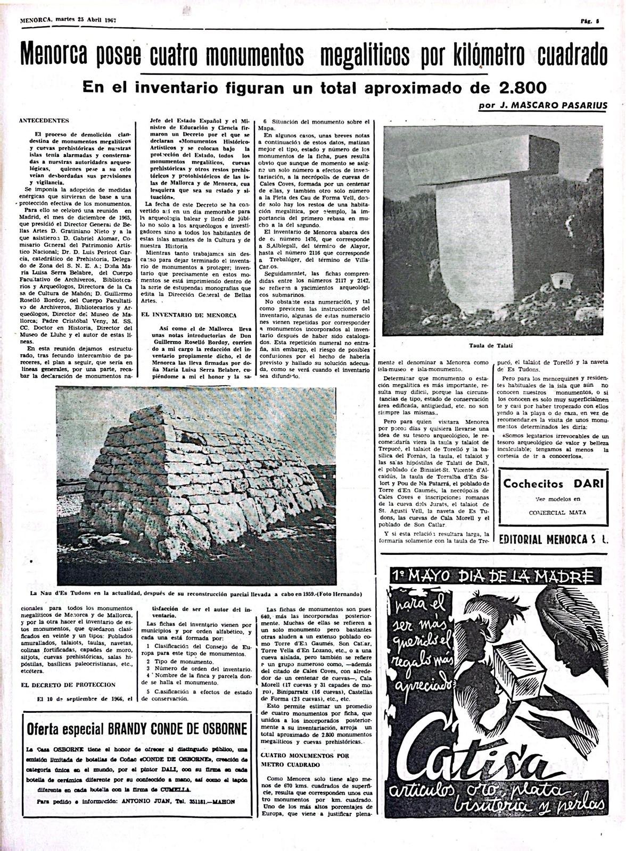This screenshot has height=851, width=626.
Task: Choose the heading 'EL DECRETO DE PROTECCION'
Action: pyautogui.click(x=68, y=685)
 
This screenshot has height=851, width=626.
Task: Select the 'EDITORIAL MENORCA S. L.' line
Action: pyautogui.click(x=553, y=539)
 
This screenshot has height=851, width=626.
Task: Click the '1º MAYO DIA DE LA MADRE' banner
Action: pyautogui.click(x=492, y=576)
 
